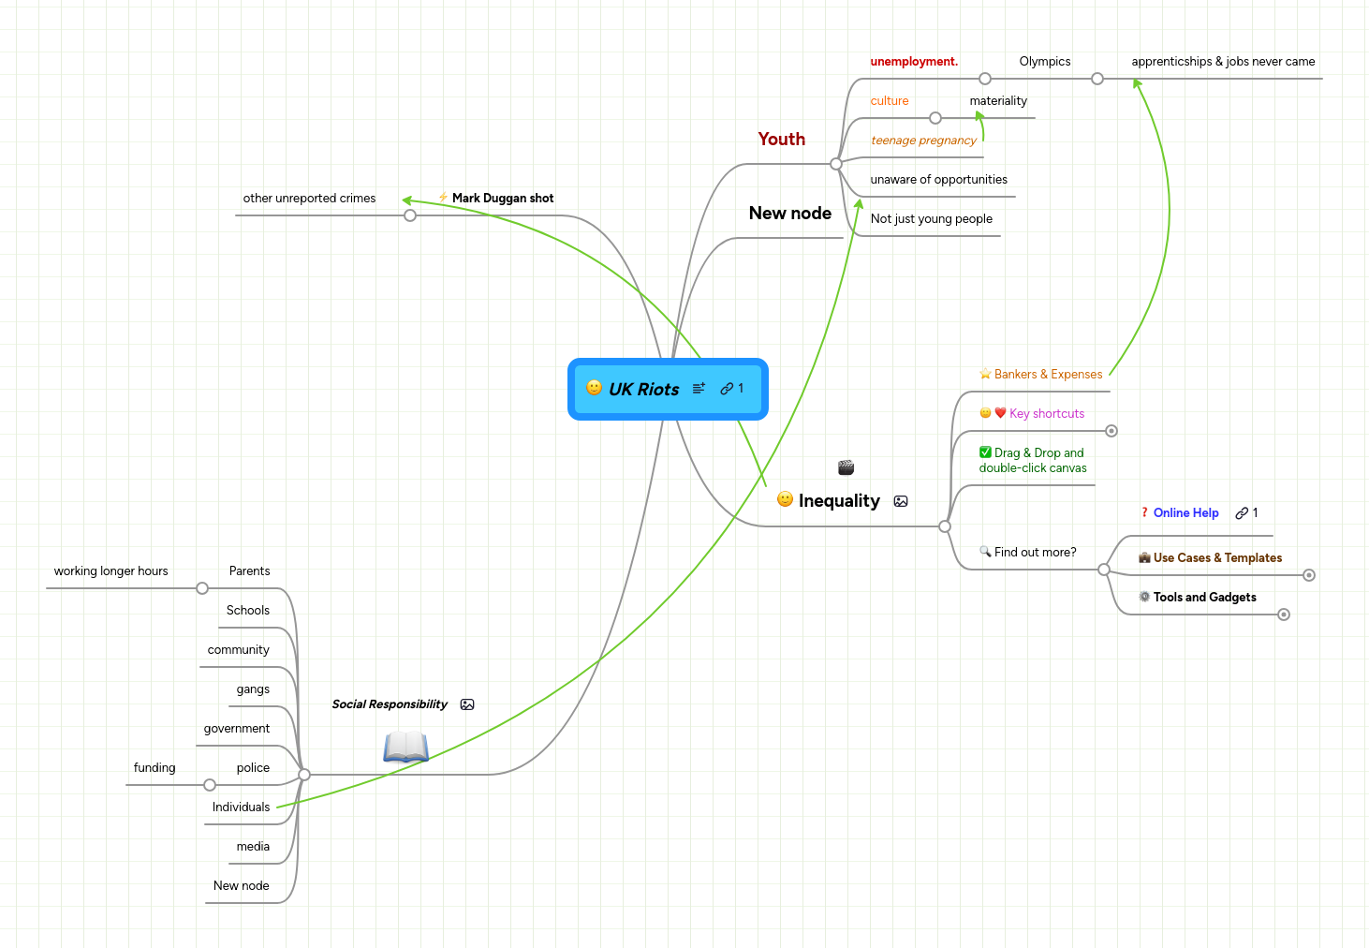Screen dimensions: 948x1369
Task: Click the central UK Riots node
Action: coord(644,390)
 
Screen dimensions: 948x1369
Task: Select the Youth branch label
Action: coord(781,140)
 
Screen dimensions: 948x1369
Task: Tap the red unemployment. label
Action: coord(914,62)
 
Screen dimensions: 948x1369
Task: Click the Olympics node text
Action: coord(1044,62)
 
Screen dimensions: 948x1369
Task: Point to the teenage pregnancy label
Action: coord(923,141)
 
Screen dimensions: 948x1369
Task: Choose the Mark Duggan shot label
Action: coord(503,199)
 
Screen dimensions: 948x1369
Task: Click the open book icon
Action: coord(405,747)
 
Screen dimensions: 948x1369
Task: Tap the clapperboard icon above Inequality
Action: coord(846,467)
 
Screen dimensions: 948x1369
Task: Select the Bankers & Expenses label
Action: coord(1048,375)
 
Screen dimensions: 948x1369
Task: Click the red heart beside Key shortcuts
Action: coord(1000,413)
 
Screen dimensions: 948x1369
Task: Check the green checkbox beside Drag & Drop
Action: coord(985,452)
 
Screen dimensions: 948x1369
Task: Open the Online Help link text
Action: coord(1185,513)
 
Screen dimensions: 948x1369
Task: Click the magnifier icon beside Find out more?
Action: coord(985,552)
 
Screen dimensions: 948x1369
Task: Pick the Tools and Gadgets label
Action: coord(1204,598)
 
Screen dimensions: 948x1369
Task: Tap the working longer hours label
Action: coord(110,571)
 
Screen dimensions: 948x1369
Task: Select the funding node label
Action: coord(155,768)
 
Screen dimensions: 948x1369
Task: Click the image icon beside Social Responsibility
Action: coord(467,704)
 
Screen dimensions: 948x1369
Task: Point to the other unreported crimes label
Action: coord(309,199)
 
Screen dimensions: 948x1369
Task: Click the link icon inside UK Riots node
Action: coord(727,389)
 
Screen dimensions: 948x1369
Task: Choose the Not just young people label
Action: coord(931,219)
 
